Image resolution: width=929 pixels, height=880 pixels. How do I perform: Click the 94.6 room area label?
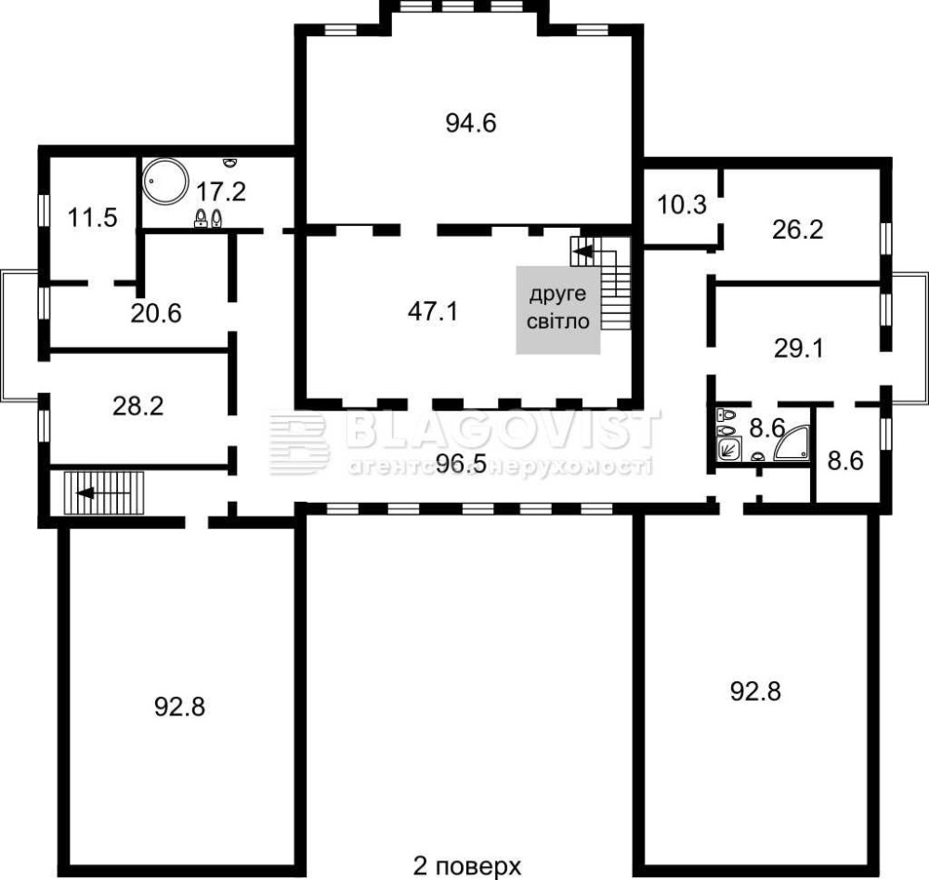click(471, 124)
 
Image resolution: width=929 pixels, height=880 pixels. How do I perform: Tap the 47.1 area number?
click(433, 311)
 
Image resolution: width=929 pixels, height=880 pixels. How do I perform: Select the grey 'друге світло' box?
click(558, 310)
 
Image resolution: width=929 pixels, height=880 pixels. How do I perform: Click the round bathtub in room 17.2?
click(165, 181)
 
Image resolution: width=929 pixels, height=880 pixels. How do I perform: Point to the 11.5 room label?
click(92, 217)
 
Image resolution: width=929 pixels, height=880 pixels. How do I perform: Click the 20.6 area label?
click(156, 313)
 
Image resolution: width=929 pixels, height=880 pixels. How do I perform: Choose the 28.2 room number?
click(138, 406)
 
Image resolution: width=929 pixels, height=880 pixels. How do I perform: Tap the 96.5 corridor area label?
click(461, 464)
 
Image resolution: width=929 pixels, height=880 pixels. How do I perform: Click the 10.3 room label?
click(682, 204)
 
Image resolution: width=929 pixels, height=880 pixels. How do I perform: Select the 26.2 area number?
click(797, 230)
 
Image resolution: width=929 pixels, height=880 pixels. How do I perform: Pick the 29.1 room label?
click(799, 348)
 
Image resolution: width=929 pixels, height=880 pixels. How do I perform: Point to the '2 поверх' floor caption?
click(467, 866)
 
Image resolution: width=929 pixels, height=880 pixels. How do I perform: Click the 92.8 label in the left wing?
click(179, 707)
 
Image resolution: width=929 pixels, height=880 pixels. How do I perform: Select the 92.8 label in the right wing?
click(755, 691)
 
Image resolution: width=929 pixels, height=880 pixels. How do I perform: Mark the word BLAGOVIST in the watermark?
click(502, 427)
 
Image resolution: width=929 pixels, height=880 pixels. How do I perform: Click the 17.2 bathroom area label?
click(221, 191)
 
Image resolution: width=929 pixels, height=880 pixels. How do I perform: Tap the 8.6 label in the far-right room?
click(845, 461)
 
